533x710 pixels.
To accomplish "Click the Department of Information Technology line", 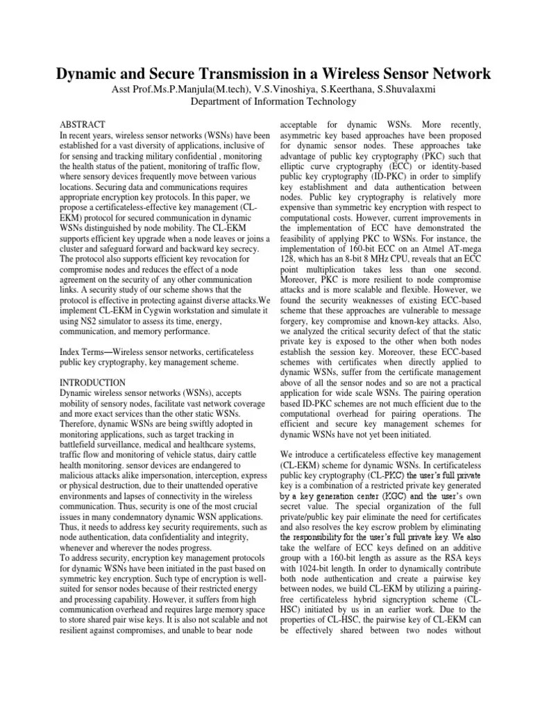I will point(273,101).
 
